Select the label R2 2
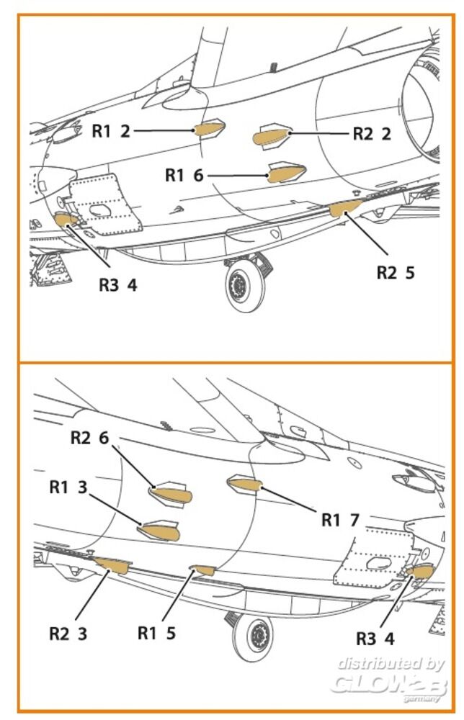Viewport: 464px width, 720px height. [372, 134]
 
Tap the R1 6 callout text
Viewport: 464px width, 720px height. [184, 175]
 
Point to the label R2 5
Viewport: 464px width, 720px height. [396, 273]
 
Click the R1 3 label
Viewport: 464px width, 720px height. [68, 487]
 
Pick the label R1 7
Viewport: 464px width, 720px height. [340, 520]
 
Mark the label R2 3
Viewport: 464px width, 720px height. [68, 634]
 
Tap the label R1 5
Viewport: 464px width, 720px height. [157, 634]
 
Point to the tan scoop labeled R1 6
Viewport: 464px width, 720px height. [287, 174]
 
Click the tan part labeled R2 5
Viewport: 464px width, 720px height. [344, 207]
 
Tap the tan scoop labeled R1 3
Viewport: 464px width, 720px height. [162, 532]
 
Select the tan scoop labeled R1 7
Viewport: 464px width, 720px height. [244, 483]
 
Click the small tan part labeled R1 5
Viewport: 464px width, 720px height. [205, 570]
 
